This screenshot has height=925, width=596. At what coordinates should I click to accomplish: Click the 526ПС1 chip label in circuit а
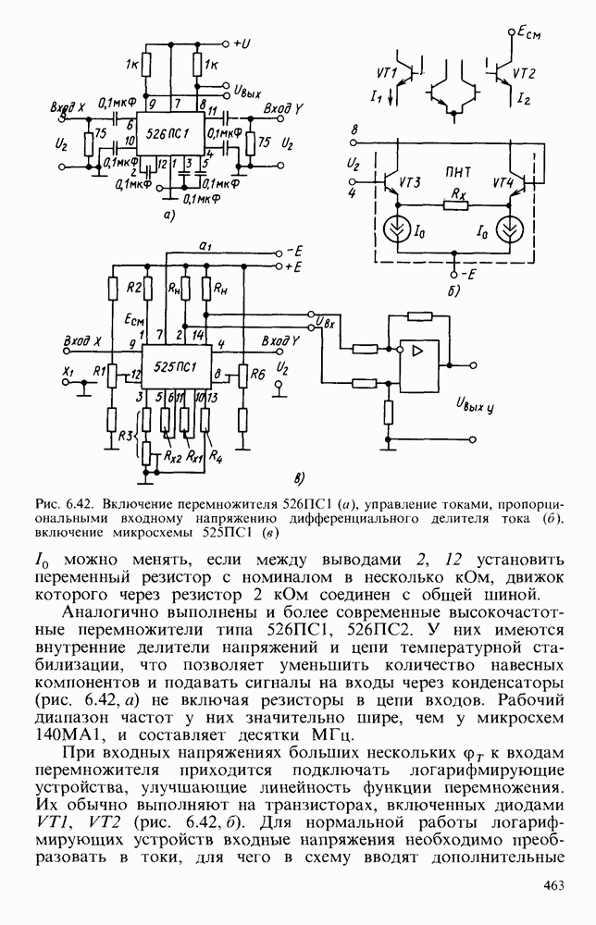[162, 135]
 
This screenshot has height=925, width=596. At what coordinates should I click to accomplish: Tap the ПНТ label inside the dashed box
[456, 171]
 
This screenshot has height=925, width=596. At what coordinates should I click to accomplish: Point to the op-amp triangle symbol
[416, 351]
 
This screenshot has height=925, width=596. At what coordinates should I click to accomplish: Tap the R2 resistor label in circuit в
[133, 286]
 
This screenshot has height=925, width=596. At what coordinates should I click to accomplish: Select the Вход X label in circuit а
[68, 106]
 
